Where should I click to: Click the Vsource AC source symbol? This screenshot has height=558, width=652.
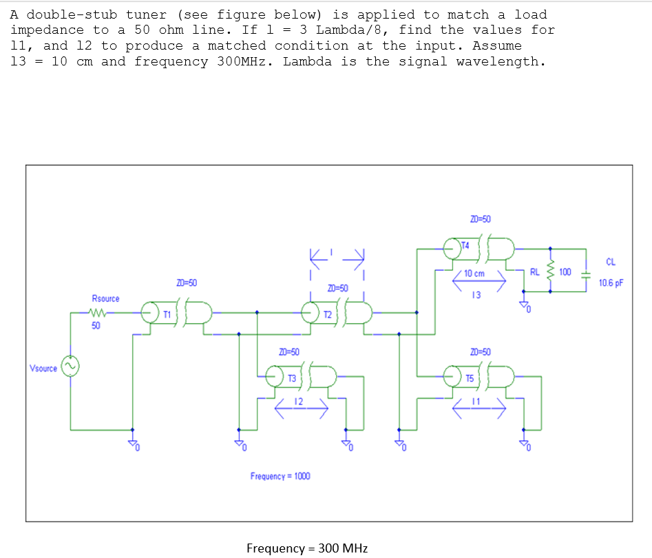70,366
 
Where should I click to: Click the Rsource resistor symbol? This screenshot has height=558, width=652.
101,313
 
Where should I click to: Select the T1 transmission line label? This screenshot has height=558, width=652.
166,314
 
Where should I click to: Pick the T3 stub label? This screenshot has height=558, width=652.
292,378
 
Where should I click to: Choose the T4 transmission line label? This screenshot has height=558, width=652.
465,245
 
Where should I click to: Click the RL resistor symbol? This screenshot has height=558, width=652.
550,272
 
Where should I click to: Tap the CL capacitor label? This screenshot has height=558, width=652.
610,261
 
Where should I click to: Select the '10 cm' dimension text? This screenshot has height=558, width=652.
474,273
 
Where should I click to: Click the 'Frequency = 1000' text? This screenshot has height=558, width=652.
280,476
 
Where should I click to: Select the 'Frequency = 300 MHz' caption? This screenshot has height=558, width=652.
307,548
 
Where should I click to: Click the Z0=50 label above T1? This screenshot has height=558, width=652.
187,282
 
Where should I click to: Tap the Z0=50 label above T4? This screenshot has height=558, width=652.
481,219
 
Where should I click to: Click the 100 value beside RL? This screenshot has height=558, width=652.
565,271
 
